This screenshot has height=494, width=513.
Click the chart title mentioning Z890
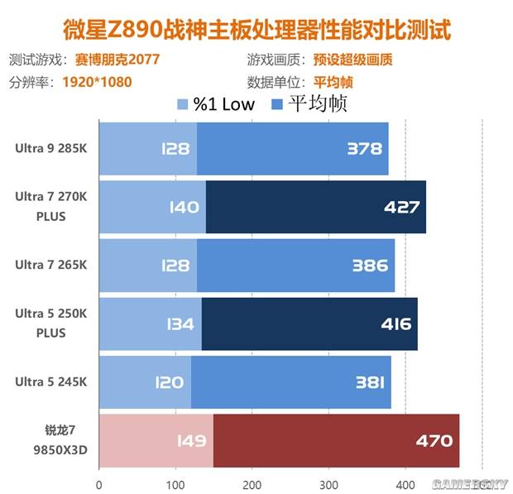(256, 30)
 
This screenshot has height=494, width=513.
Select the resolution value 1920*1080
(97, 82)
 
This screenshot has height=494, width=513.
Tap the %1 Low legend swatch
(184, 104)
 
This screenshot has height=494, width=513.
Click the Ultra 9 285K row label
(50, 149)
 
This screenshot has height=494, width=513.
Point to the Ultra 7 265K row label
(50, 266)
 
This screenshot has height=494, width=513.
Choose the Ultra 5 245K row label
(50, 381)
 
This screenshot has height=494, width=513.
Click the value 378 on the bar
(365, 149)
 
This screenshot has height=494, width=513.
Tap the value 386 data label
(370, 266)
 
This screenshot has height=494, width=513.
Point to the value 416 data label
(393, 324)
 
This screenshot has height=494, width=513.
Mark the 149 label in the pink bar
(189, 440)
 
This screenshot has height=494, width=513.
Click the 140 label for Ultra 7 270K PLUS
(182, 207)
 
